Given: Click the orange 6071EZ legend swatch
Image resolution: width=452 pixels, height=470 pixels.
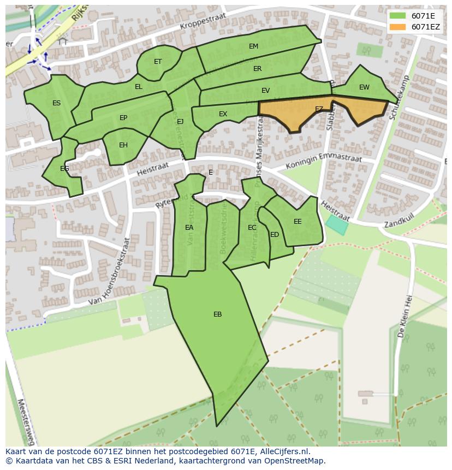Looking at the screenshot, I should (398, 27).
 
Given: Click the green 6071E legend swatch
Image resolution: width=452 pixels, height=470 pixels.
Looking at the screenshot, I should (398, 16).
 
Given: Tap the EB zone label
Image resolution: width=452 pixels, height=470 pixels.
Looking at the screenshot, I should (217, 314).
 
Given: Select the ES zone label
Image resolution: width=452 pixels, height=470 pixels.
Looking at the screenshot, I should (56, 103).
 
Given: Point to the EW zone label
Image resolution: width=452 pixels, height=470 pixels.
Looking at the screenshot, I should (364, 87).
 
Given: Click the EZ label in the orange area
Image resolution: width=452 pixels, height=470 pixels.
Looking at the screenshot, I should (319, 110).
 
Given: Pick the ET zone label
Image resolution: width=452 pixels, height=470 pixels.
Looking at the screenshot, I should (158, 62).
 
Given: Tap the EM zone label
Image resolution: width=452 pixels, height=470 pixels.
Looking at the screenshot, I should (253, 46).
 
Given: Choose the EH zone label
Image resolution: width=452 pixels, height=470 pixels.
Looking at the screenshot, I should (123, 145).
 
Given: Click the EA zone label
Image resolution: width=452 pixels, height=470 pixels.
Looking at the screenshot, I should (189, 228).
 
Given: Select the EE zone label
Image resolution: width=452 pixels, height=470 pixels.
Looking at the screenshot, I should (298, 222).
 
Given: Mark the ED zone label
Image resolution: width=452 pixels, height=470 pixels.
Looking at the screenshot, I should (275, 235).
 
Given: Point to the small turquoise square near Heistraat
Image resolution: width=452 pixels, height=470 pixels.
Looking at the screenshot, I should (337, 225).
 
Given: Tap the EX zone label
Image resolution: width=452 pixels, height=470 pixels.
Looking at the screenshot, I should (223, 114).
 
